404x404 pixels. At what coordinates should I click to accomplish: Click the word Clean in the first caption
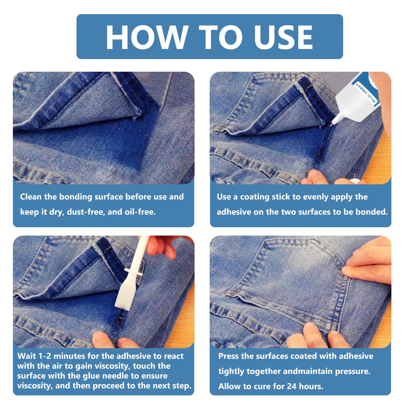pos(31,197)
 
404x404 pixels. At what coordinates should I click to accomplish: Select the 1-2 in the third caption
pos(44,356)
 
